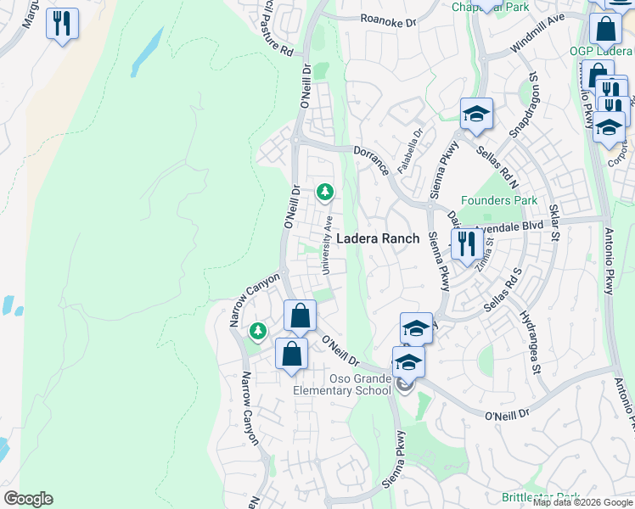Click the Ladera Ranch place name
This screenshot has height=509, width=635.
click(x=379, y=238)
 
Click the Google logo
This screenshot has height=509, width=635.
click(x=28, y=499)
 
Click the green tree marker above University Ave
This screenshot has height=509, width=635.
click(x=324, y=193)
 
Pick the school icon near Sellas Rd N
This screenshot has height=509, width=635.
click(x=477, y=115)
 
